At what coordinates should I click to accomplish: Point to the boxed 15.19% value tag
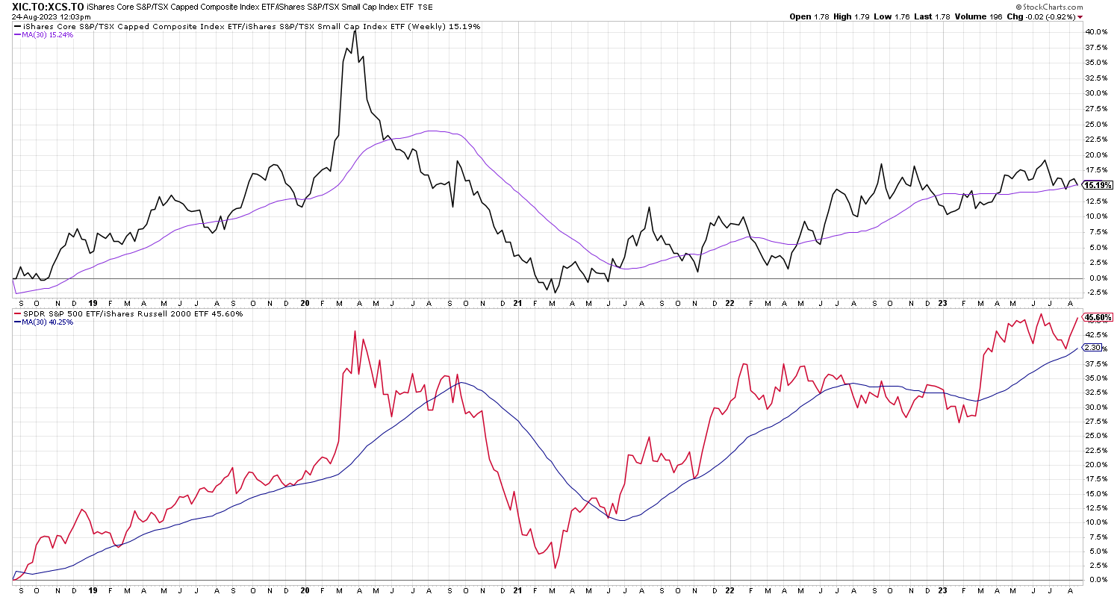tap(1098, 185)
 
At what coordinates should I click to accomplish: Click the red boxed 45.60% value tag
tap(1098, 317)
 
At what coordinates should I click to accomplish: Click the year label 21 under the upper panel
tap(519, 304)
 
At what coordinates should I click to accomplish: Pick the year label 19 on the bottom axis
tap(92, 589)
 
